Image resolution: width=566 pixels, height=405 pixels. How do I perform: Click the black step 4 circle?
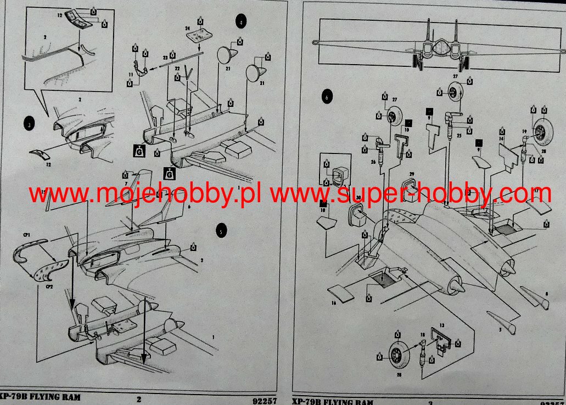point(241,21)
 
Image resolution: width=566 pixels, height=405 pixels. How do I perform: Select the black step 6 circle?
point(327,98)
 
